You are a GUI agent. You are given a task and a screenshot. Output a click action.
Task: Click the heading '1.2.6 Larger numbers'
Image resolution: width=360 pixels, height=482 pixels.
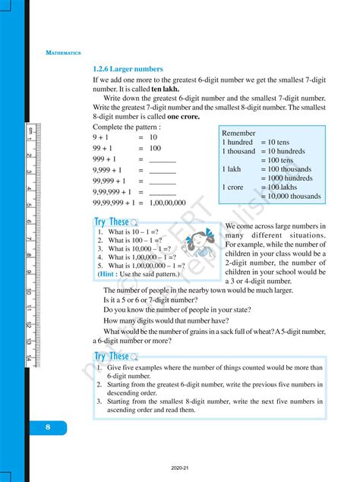tap(128, 69)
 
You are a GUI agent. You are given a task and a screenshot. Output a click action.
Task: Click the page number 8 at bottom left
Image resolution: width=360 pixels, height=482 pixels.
tap(47, 427)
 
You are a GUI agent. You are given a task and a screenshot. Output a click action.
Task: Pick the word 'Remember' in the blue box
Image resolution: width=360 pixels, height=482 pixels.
tap(238, 133)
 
